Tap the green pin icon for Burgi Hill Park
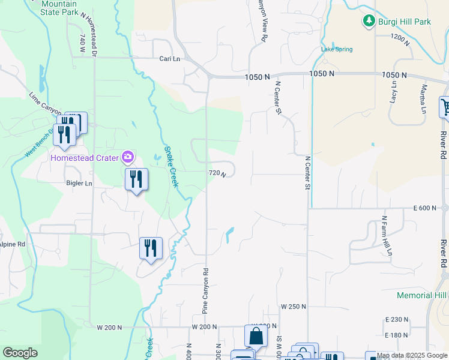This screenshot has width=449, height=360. (x=368, y=22)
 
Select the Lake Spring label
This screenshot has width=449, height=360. (x=337, y=49)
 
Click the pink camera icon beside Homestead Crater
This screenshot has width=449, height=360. (x=127, y=158)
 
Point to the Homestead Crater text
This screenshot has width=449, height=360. (x=84, y=158)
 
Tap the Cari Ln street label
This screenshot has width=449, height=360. (x=170, y=59)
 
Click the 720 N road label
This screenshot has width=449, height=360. (x=217, y=173)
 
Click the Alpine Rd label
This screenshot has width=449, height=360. (x=12, y=244)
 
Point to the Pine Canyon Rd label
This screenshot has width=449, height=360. (x=205, y=290)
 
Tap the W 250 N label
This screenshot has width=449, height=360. (x=294, y=307)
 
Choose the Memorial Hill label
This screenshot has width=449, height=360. (x=422, y=295)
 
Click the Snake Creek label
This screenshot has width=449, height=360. (x=171, y=167)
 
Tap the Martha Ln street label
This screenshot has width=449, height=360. (x=423, y=98)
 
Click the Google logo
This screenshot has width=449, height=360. (x=20, y=353)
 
